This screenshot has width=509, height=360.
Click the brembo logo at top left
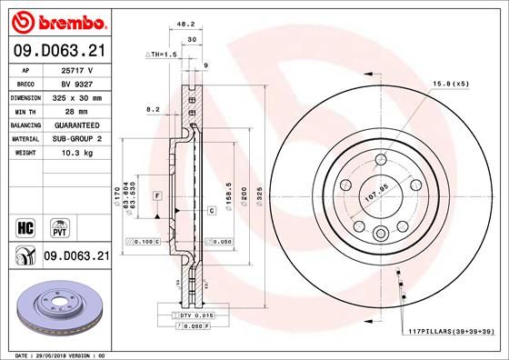click(x=58, y=21)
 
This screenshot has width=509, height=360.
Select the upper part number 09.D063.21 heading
click(x=58, y=52)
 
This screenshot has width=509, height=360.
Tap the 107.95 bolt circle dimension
click(x=375, y=192)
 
